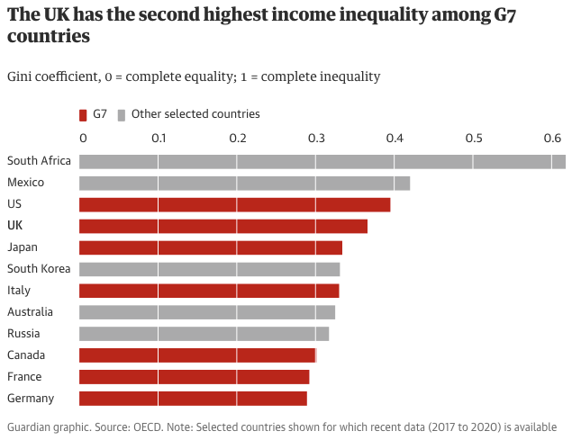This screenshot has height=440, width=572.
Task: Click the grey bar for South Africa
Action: (322, 161)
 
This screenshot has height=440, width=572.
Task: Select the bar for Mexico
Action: (244, 183)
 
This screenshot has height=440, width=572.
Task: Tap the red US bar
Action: (234, 204)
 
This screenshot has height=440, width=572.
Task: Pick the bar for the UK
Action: (223, 226)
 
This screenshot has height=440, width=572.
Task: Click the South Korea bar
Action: (209, 269)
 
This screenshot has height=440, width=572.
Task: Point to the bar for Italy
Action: (209, 291)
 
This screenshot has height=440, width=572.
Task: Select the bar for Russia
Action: (204, 334)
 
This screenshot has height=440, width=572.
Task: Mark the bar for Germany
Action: (193, 399)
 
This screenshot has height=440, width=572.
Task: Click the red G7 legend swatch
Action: (83, 114)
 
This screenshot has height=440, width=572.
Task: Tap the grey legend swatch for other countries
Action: (122, 114)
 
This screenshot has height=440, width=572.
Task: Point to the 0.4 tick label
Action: (394, 139)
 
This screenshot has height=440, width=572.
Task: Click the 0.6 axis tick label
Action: (550, 139)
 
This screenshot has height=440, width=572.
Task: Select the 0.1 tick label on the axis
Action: (159, 139)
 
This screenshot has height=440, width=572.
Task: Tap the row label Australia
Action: (30, 312)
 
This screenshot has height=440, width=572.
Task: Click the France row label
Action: (23, 377)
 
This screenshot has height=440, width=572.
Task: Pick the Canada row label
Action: (26, 355)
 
